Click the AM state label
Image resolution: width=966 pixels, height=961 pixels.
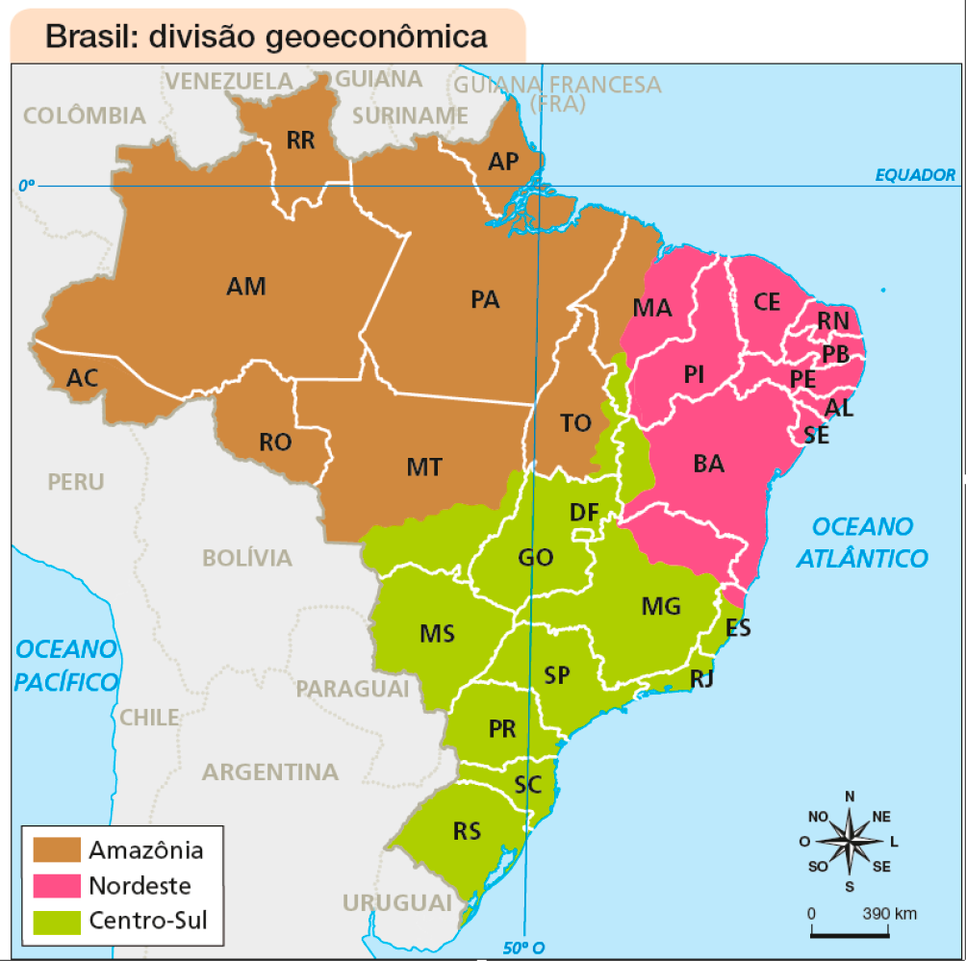click(x=246, y=286)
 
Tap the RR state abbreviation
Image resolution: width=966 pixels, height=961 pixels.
click(x=300, y=141)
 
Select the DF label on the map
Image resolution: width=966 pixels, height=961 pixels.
click(x=583, y=513)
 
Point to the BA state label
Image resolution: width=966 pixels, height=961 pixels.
click(x=708, y=464)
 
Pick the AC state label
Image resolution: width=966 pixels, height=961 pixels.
click(x=82, y=378)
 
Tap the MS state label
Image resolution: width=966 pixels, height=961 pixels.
click(x=437, y=634)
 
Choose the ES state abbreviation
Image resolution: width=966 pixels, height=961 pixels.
click(x=739, y=629)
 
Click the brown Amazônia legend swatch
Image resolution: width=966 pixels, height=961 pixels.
click(x=57, y=850)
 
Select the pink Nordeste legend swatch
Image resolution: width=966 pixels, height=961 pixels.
click(x=57, y=885)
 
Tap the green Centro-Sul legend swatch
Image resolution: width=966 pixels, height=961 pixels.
click(x=57, y=921)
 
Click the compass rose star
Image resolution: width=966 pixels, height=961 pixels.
click(x=850, y=841)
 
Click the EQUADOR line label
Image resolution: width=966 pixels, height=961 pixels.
click(x=915, y=175)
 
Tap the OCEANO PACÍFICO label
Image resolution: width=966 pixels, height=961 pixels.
click(x=66, y=665)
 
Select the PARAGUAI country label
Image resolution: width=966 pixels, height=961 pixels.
click(x=352, y=690)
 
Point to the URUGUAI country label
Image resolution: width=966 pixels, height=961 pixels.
click(x=396, y=903)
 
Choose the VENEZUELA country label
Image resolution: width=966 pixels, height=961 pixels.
click(x=229, y=81)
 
